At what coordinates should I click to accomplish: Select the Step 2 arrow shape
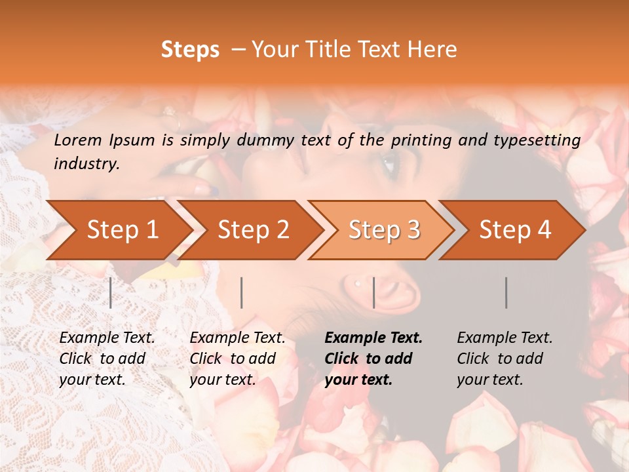[252, 230]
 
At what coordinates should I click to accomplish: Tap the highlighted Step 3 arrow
[383, 230]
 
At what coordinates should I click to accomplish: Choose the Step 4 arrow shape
[514, 230]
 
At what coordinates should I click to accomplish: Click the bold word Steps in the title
[190, 50]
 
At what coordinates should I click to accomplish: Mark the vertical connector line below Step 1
[111, 292]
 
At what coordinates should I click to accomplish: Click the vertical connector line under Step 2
[242, 292]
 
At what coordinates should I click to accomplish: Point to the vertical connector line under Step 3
[373, 292]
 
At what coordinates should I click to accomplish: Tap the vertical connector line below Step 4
[506, 292]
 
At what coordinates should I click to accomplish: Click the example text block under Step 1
[107, 359]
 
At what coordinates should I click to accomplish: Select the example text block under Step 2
[237, 359]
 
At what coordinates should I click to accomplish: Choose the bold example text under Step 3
[373, 359]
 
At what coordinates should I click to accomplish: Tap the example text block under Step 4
[505, 359]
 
